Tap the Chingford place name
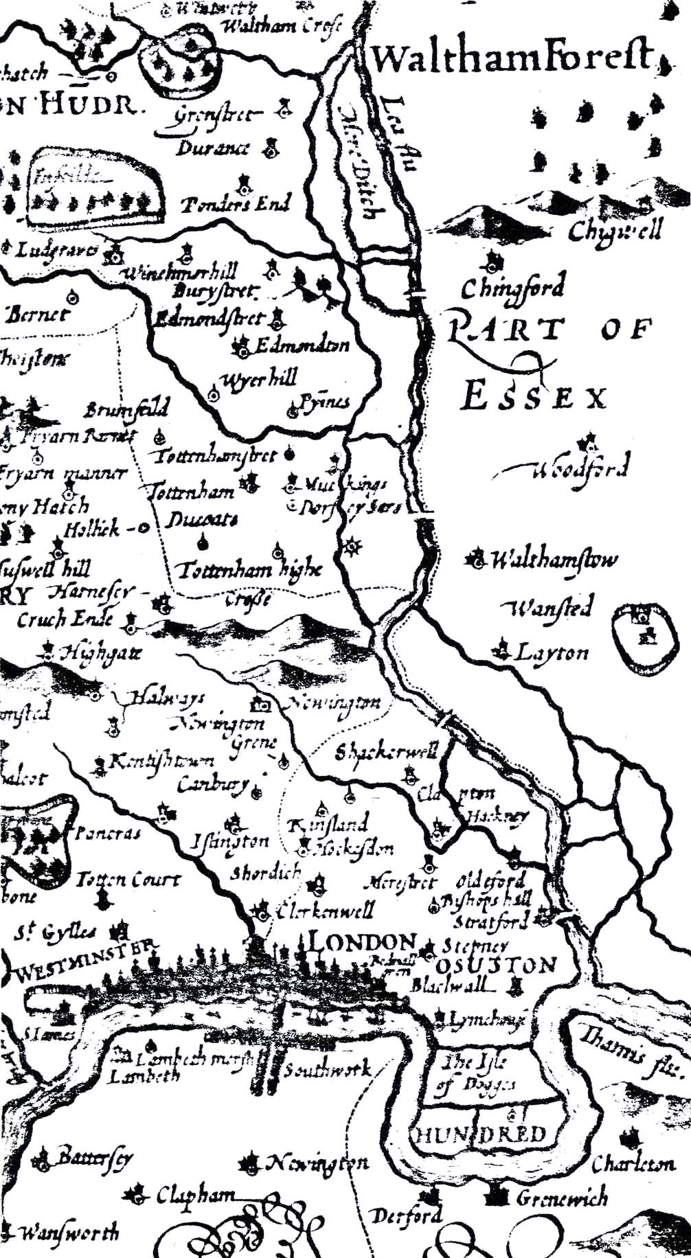click(x=513, y=286)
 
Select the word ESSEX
click(x=534, y=398)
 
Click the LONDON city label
click(x=363, y=942)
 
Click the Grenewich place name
click(x=561, y=1198)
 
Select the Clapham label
click(x=195, y=1196)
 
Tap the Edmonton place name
click(x=302, y=345)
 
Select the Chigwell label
click(x=615, y=230)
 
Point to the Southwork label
click(x=328, y=1069)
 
